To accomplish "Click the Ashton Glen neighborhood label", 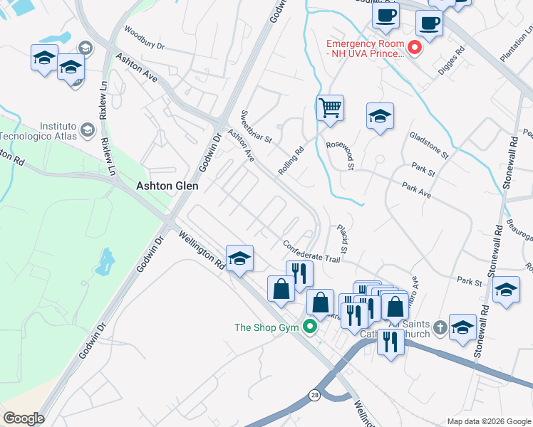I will pyautogui.click(x=167, y=186).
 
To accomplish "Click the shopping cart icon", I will pyautogui.click(x=330, y=109).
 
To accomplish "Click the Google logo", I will pyautogui.click(x=23, y=418).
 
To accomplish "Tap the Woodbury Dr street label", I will pyautogui.click(x=144, y=38).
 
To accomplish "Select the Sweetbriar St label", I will pyautogui.click(x=257, y=127).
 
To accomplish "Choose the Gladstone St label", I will pyautogui.click(x=428, y=144).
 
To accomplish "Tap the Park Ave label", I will pyautogui.click(x=417, y=189).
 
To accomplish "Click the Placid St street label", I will pyautogui.click(x=342, y=239).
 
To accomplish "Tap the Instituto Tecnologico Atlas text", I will pyautogui.click(x=38, y=130).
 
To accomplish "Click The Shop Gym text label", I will pyautogui.click(x=268, y=327).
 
